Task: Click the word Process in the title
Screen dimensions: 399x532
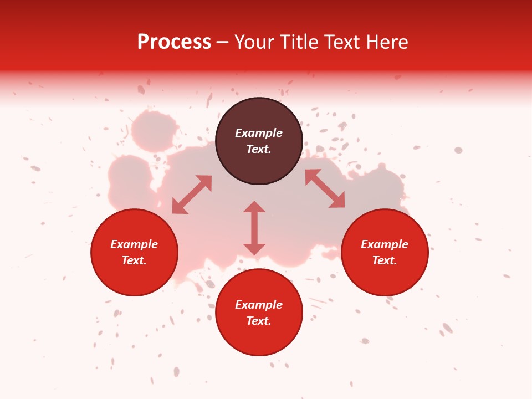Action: click(174, 42)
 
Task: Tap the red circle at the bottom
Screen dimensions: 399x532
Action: click(259, 338)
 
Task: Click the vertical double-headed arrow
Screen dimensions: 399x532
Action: click(254, 228)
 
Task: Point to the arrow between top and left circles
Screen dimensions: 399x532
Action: click(192, 195)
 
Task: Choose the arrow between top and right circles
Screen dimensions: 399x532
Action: click(325, 188)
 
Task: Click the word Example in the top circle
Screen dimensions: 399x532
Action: click(259, 133)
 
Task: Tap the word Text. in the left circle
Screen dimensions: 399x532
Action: click(134, 260)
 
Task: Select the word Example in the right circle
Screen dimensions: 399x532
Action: click(385, 244)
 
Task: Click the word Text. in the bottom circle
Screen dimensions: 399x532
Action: click(259, 321)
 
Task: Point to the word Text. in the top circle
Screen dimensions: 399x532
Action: click(259, 149)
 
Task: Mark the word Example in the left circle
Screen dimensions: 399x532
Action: click(134, 244)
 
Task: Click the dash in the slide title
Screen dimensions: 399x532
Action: click(223, 42)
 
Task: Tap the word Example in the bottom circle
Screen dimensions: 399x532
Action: click(259, 305)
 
